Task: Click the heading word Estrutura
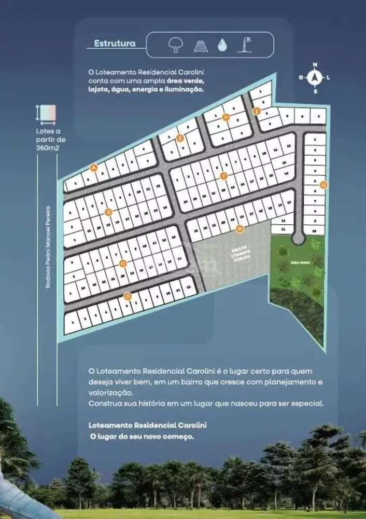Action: point(115,44)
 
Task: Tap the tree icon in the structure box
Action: point(176,45)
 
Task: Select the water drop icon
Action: point(221,45)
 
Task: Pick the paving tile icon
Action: point(200,46)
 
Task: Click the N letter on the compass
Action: point(314,65)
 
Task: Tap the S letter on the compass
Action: point(315,91)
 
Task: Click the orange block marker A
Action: point(93,168)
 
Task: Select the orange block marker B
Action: point(108,212)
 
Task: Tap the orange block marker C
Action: point(123,263)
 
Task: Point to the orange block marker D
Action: point(128,297)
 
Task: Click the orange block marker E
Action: point(179,138)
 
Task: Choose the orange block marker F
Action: point(223,176)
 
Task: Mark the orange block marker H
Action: point(226,117)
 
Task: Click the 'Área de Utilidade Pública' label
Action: point(241,254)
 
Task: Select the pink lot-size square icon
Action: point(49,112)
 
